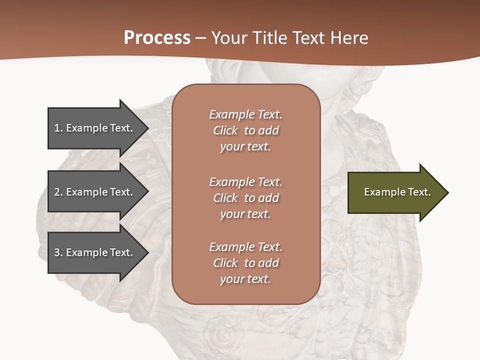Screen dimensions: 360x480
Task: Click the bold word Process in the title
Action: [x=157, y=38]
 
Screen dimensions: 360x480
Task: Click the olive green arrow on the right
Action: [x=395, y=192]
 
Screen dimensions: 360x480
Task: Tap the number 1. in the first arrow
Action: [x=58, y=128]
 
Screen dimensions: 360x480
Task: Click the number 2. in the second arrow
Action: [x=58, y=192]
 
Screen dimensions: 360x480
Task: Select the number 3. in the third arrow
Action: [x=58, y=252]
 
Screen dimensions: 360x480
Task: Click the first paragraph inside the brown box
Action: [x=245, y=130]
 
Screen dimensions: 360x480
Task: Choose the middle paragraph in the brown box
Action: [x=245, y=198]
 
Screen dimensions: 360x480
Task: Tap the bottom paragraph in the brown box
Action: [x=245, y=263]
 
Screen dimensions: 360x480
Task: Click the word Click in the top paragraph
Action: [x=225, y=130]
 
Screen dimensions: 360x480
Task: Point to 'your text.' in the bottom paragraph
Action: [x=245, y=279]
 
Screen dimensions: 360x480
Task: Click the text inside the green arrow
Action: [x=397, y=192]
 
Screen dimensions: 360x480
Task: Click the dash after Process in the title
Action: [x=200, y=38]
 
